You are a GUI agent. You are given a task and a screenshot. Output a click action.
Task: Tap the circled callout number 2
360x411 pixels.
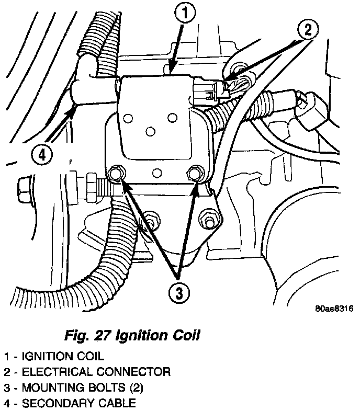307,29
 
